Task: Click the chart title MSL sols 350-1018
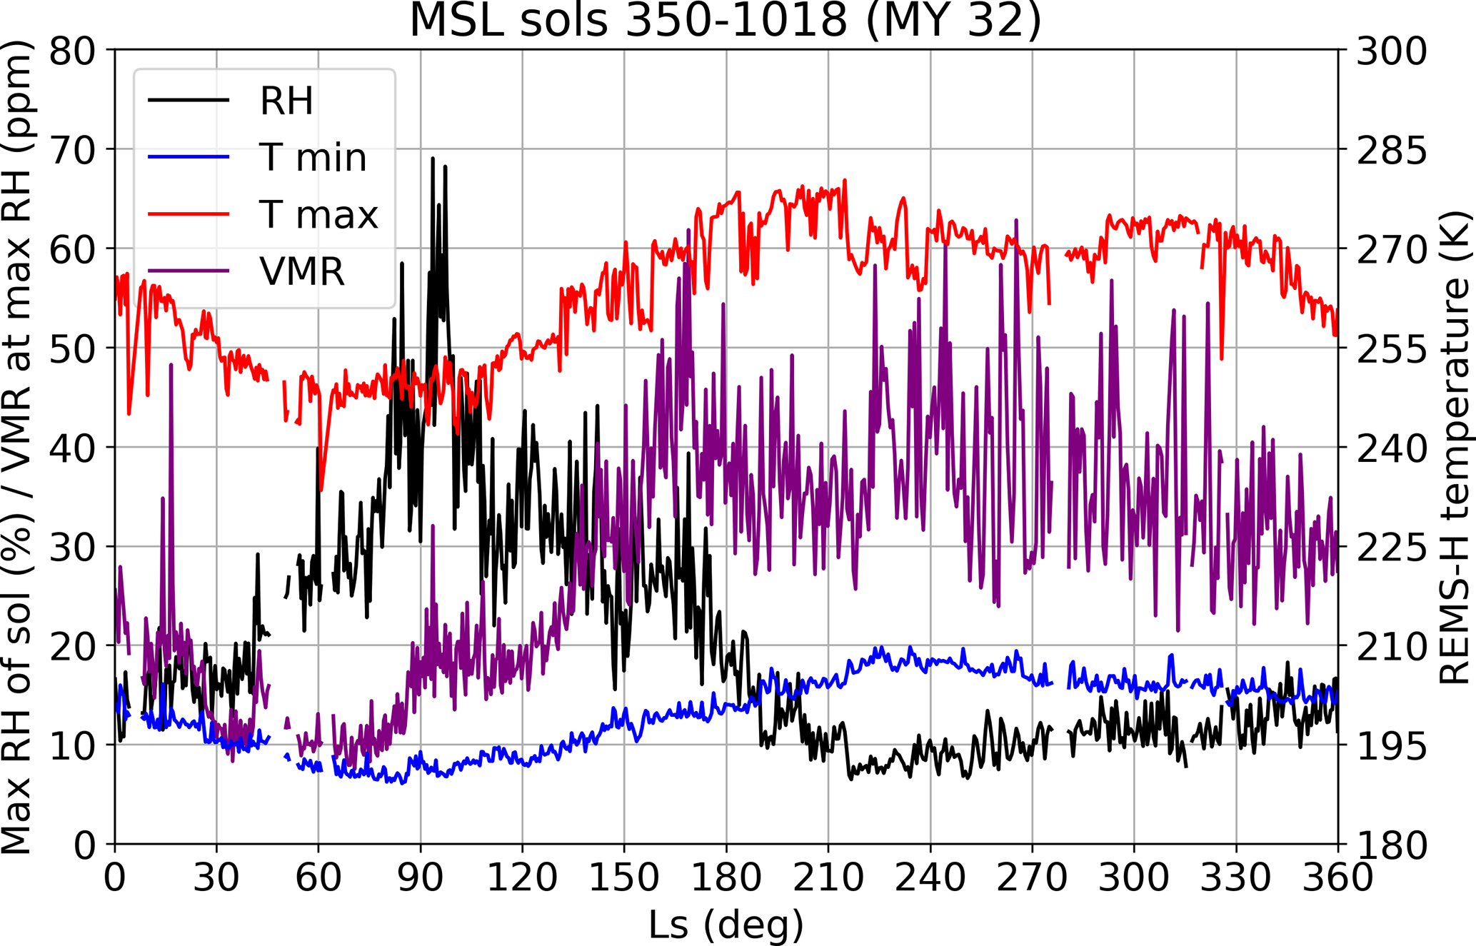coord(726,20)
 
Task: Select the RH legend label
coord(286,100)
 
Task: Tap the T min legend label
coord(313,157)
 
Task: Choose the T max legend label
coord(318,214)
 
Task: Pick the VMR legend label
coord(302,271)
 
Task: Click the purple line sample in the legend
coord(189,271)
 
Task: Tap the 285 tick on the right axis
coord(1391,150)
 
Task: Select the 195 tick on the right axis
coord(1391,746)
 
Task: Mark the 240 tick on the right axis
coord(1391,448)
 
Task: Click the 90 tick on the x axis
coord(420,877)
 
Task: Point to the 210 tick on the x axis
coord(828,877)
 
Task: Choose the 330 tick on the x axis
coord(1235,877)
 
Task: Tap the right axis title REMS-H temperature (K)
coord(1455,448)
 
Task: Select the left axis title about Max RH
coord(17,448)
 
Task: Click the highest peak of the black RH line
coord(433,158)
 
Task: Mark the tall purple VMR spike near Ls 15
coord(171,365)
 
